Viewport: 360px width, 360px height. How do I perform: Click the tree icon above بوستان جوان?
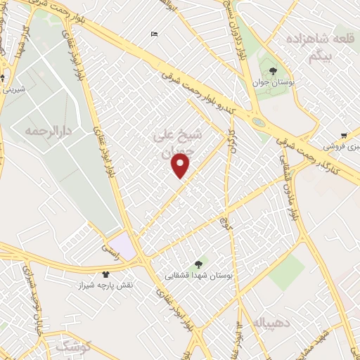pos(273,70)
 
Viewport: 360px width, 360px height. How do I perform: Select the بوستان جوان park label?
pos(273,83)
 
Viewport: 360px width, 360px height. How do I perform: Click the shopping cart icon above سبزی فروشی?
pos(342,135)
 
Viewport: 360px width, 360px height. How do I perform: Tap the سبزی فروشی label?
pos(339,147)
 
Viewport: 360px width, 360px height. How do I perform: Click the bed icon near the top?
pos(154,34)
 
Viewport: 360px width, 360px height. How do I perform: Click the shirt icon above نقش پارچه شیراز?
pos(105,274)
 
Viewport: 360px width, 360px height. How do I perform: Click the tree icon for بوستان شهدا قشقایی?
pos(198,264)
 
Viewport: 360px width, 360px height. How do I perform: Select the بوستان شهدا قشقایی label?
pos(198,276)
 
